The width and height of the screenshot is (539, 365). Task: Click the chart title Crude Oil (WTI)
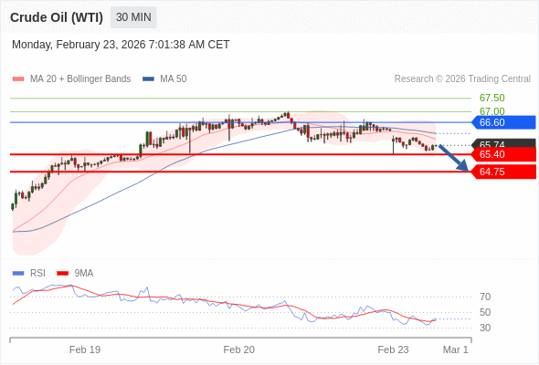click(x=56, y=17)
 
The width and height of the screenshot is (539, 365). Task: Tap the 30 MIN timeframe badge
click(x=133, y=17)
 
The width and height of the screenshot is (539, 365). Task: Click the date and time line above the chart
click(x=121, y=44)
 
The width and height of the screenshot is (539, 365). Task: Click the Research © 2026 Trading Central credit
click(x=462, y=78)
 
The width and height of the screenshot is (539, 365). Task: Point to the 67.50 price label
click(x=491, y=98)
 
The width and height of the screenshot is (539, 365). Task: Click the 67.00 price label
click(x=491, y=111)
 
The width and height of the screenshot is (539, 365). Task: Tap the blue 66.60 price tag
click(x=503, y=122)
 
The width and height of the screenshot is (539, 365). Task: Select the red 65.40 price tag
click(x=503, y=154)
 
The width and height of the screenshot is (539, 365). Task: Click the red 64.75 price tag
click(x=503, y=172)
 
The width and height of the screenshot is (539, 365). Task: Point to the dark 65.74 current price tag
click(x=503, y=143)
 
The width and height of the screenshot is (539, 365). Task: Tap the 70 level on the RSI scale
click(x=485, y=297)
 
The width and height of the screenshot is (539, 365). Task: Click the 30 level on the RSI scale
click(x=485, y=328)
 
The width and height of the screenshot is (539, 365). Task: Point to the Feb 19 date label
click(x=85, y=349)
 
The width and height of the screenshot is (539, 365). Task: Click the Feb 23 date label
click(x=394, y=349)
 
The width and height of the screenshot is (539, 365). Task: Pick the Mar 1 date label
click(x=455, y=349)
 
